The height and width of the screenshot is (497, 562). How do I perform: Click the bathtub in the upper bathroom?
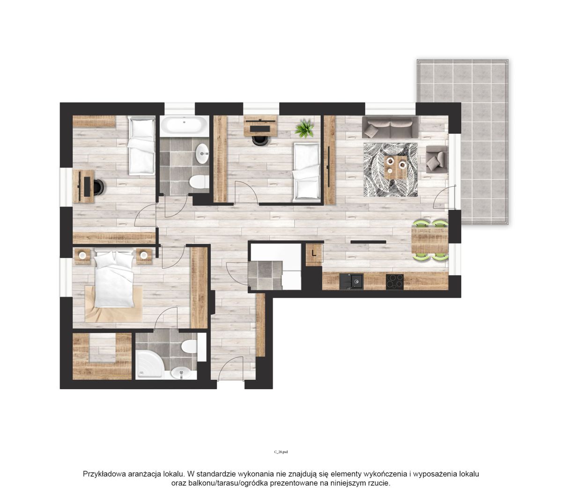pos(184,124)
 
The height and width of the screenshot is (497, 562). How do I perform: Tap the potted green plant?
pos(304,128)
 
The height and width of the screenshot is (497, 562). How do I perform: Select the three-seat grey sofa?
pos(390,127)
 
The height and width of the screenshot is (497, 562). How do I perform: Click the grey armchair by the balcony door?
pos(436,158)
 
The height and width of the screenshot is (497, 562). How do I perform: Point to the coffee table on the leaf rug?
pos(395,167)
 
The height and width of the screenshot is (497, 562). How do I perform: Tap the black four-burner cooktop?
pos(395,282)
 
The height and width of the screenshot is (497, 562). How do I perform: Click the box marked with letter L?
pos(314,253)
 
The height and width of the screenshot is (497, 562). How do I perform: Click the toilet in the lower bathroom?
pos(189,346)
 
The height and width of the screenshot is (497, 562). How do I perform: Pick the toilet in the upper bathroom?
pos(199,182)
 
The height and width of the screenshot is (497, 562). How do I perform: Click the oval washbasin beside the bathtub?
pos(202,153)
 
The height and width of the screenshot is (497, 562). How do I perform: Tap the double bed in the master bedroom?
pos(113,279)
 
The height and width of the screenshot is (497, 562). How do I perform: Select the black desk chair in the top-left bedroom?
pos(99,187)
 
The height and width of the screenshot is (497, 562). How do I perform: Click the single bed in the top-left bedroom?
pos(141,145)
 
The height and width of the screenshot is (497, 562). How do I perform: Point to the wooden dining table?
pos(429,240)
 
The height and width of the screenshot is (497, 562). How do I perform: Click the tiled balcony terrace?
pos(462,142)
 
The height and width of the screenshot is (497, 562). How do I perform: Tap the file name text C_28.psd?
pos(281,460)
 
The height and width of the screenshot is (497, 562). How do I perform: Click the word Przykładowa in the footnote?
pos(103,474)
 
